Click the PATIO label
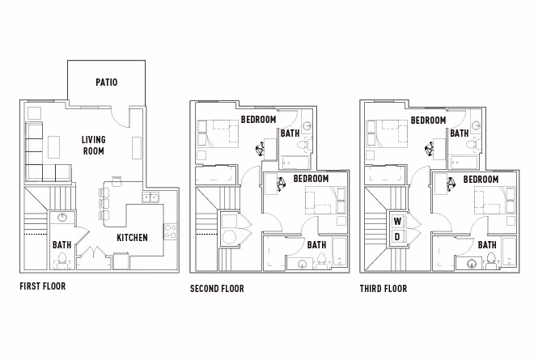point(107,82)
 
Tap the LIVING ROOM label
point(93,145)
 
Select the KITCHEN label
point(132,238)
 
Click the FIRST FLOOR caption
point(42,286)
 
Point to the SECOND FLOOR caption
point(217,288)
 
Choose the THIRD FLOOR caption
point(384,288)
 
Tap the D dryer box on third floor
point(397,236)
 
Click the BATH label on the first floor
point(61,244)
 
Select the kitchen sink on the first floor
point(150,197)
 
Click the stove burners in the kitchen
point(170,231)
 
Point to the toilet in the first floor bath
point(61,260)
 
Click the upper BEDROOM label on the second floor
point(257,120)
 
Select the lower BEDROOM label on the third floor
point(480,179)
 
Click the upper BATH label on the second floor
point(290,133)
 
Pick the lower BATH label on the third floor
point(487,244)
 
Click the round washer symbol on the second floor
point(230,237)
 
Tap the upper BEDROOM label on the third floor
point(428,120)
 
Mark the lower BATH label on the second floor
point(316,244)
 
